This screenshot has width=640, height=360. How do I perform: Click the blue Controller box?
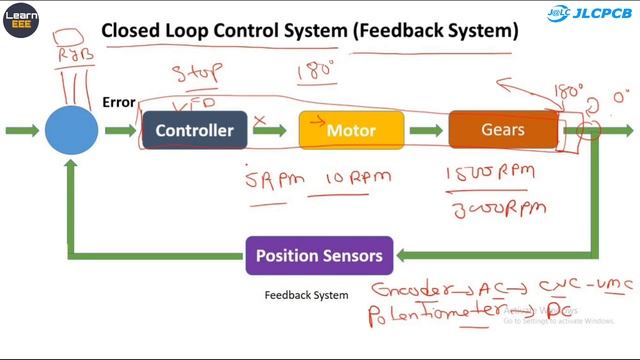[x=194, y=130]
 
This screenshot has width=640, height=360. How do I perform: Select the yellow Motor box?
[x=351, y=130]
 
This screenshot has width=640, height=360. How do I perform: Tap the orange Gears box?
[x=503, y=130]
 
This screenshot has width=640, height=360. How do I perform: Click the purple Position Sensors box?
[x=319, y=256]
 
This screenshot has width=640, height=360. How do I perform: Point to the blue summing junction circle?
[x=72, y=130]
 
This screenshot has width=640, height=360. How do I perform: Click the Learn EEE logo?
[x=20, y=19]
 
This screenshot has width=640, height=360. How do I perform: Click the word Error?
[x=118, y=102]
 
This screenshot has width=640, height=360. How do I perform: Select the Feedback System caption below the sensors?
[x=306, y=295]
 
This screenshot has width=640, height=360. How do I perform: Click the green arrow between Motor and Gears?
[x=426, y=130]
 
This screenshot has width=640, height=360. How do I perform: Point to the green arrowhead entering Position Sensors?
[x=402, y=256]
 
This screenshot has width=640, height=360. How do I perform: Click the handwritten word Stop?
[x=196, y=74]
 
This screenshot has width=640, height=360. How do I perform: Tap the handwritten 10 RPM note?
[x=355, y=178]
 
